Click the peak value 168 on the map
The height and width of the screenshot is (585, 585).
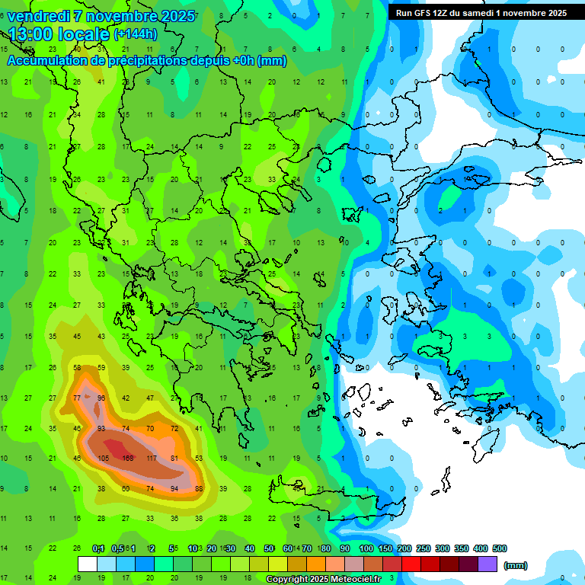pyautogui.click(x=128, y=458)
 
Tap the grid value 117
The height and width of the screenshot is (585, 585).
pyautogui.click(x=152, y=458)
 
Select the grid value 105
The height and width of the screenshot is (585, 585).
pyautogui.click(x=104, y=458)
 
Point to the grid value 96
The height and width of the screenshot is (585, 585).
pyautogui.click(x=101, y=398)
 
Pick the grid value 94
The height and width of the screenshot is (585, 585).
pyautogui.click(x=175, y=488)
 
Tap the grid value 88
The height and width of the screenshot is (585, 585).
pyautogui.click(x=200, y=488)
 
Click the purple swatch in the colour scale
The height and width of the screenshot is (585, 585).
pyautogui.click(x=487, y=564)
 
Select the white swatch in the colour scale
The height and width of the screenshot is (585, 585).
pyautogui.click(x=88, y=564)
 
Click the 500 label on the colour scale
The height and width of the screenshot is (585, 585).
pyautogui.click(x=500, y=548)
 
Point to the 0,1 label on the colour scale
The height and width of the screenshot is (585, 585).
pyautogui.click(x=98, y=548)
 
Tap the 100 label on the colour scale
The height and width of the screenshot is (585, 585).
pyautogui.click(x=366, y=548)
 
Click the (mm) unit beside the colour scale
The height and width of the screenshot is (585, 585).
pyautogui.click(x=516, y=565)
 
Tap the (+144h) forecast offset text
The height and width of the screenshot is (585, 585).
pyautogui.click(x=135, y=34)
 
